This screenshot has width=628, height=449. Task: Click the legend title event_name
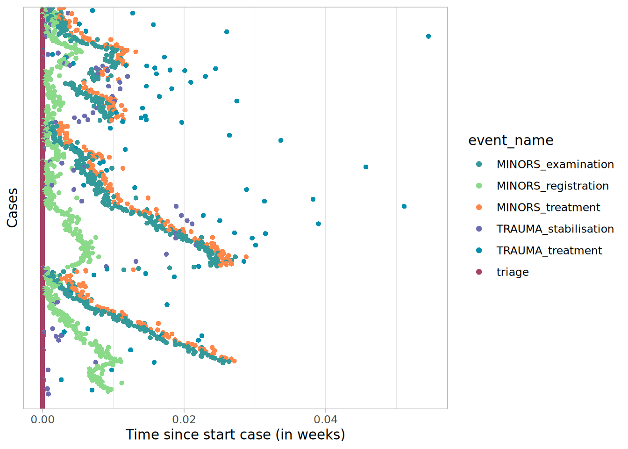click(511, 140)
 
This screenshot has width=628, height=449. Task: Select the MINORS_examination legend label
click(555, 165)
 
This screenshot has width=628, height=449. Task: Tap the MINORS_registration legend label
click(552, 186)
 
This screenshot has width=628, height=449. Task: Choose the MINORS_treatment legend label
click(548, 208)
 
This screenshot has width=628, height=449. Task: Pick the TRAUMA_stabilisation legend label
click(555, 229)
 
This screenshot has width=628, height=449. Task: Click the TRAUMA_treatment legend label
click(549, 251)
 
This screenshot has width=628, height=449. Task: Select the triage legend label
click(513, 272)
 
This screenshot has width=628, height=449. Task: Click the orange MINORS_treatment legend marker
click(479, 207)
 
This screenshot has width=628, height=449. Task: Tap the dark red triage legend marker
click(479, 272)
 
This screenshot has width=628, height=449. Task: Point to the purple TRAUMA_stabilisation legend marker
click(479, 229)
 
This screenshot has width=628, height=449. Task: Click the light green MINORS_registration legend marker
click(479, 186)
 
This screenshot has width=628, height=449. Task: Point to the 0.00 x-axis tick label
click(43, 419)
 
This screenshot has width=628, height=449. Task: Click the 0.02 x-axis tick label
click(184, 419)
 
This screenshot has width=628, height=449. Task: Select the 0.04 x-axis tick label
click(326, 419)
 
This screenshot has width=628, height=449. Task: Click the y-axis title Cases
click(13, 208)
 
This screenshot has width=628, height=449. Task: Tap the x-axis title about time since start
click(235, 435)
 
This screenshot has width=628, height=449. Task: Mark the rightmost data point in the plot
click(428, 36)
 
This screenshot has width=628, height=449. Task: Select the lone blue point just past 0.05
click(404, 206)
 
